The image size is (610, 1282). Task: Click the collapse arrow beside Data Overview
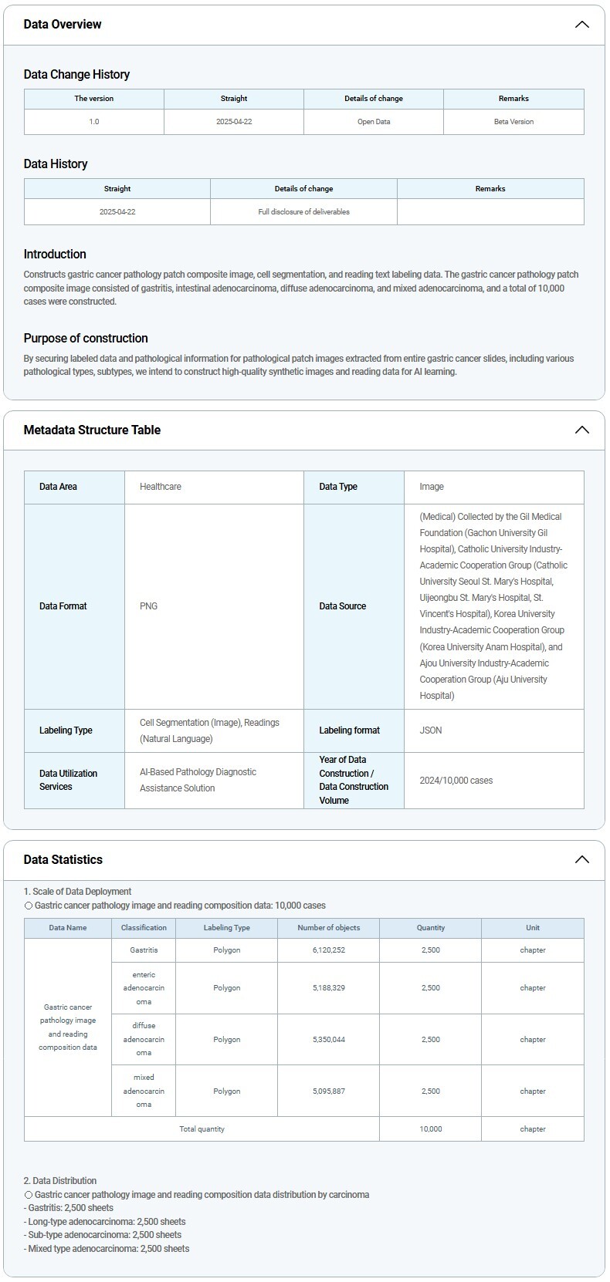click(x=582, y=25)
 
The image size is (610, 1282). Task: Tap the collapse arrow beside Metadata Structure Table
click(x=582, y=430)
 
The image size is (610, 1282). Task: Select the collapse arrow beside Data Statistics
click(x=582, y=860)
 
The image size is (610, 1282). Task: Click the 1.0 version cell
click(x=94, y=122)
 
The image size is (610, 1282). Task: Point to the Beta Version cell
click(x=513, y=122)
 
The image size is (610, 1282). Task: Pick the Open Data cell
click(x=374, y=122)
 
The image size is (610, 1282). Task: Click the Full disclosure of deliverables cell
click(x=303, y=212)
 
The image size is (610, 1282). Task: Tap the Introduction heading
click(x=55, y=255)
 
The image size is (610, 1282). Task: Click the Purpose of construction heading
click(x=86, y=339)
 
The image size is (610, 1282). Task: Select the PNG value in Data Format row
click(x=149, y=606)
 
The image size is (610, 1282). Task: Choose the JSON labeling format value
click(x=431, y=730)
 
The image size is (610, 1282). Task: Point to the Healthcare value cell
click(x=161, y=487)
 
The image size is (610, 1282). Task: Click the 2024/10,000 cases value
click(x=456, y=781)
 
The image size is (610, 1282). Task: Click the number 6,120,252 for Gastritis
click(x=329, y=950)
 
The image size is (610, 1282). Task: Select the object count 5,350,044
click(x=329, y=1040)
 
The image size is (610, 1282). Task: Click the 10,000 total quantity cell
click(x=431, y=1129)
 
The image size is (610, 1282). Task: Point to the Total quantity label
click(x=202, y=1129)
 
